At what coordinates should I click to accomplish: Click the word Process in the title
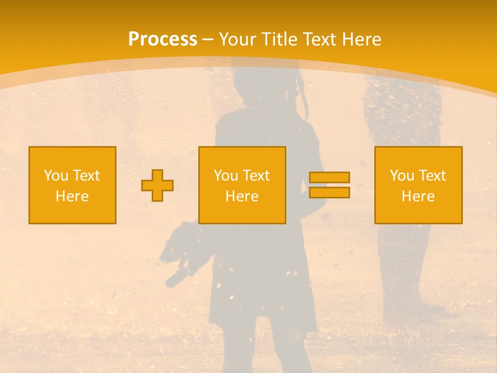coord(163,39)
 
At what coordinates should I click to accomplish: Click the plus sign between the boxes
coord(157,185)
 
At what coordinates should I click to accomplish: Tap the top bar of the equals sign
coord(329,177)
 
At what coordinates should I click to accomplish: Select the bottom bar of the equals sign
coord(329,193)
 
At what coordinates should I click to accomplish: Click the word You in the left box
coord(56,176)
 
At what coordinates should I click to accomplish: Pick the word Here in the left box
coord(72,196)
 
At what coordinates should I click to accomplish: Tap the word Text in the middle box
coord(256,176)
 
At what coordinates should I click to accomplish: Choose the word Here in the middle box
coord(242,196)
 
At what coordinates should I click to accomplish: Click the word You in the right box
coord(402,176)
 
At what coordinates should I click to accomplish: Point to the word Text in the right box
coord(432,176)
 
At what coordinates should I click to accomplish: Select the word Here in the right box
coord(418,196)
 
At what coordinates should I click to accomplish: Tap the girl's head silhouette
coord(264,85)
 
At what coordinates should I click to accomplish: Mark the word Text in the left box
coord(86,176)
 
